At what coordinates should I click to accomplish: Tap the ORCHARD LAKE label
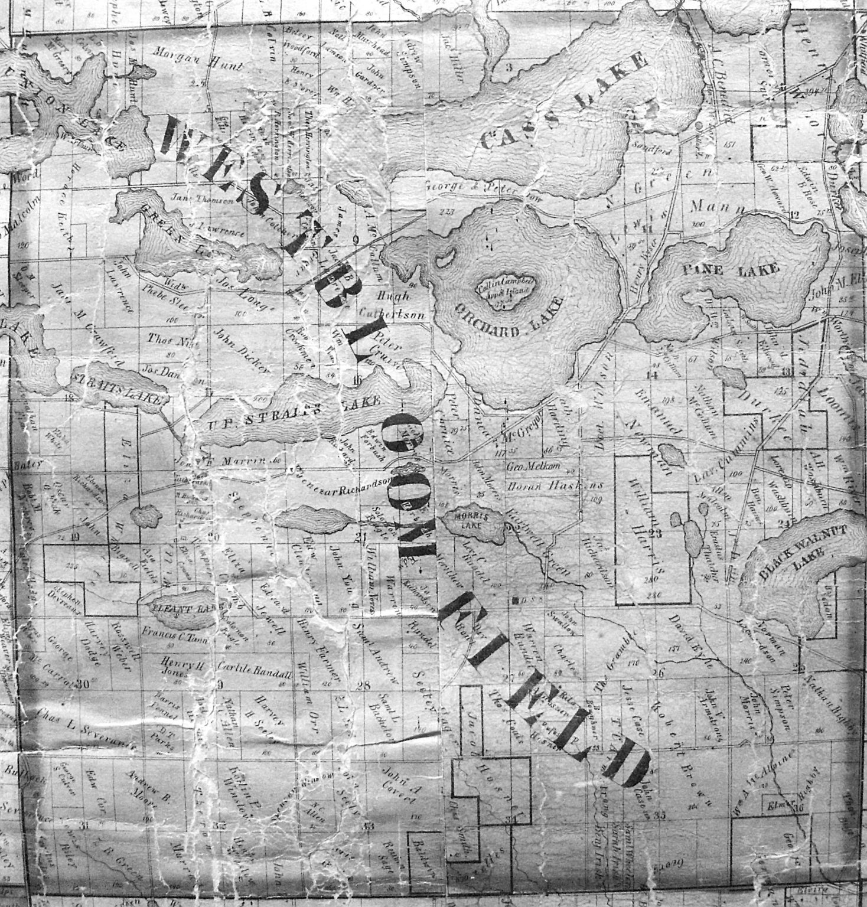[x=508, y=319]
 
